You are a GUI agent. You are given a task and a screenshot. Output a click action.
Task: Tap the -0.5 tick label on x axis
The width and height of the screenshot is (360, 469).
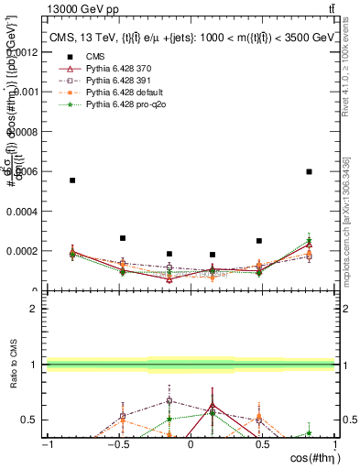117,444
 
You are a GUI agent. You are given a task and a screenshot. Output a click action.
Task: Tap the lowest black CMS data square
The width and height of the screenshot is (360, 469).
213,255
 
